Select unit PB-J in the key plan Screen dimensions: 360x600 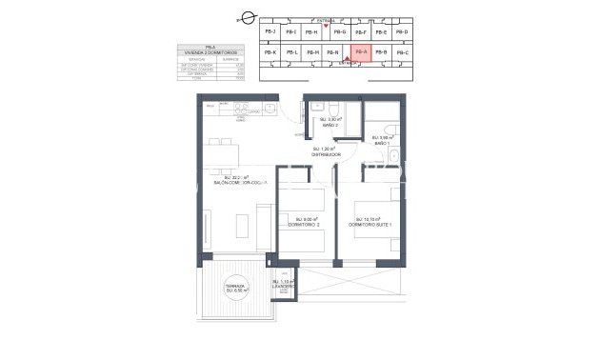click(270, 32)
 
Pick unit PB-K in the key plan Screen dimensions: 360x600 click(270, 53)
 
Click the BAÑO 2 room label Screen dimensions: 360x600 click(330, 123)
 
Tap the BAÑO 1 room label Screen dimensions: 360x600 click(383, 142)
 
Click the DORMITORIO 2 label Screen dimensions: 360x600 click(304, 224)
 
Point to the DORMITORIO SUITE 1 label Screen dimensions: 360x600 click(374, 224)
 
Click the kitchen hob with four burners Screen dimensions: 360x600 click(242, 106)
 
